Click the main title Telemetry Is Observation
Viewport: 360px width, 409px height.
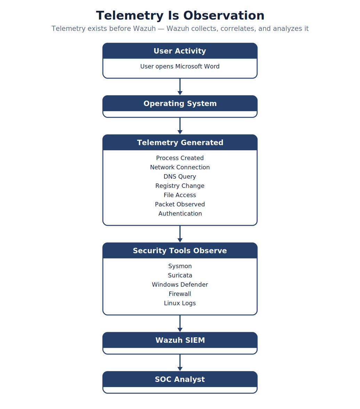click(x=180, y=15)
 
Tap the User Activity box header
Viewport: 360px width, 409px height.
click(x=180, y=51)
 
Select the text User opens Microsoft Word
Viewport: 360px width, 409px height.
click(x=180, y=66)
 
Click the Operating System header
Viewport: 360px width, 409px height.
click(x=180, y=103)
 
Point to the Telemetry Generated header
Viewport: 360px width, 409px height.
click(x=180, y=143)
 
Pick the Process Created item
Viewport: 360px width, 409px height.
click(x=180, y=158)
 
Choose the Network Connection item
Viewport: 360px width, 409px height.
click(x=180, y=167)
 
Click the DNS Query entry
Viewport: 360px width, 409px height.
click(x=180, y=177)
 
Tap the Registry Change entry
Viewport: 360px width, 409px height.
click(x=180, y=186)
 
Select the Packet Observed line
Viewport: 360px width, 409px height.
click(x=180, y=204)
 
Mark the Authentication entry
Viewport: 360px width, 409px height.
click(x=180, y=214)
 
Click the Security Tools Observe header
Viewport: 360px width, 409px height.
click(x=180, y=250)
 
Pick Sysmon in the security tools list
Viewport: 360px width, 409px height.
click(x=180, y=266)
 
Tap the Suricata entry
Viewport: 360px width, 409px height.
click(x=180, y=275)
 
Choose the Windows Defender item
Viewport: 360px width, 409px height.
click(x=180, y=284)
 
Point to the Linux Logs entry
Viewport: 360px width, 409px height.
click(x=180, y=303)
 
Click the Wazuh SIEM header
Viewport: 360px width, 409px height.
click(x=180, y=340)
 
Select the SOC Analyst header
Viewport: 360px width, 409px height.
click(x=180, y=379)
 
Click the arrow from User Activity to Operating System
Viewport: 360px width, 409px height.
click(x=180, y=87)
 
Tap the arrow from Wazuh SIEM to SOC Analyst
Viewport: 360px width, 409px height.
click(x=180, y=362)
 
